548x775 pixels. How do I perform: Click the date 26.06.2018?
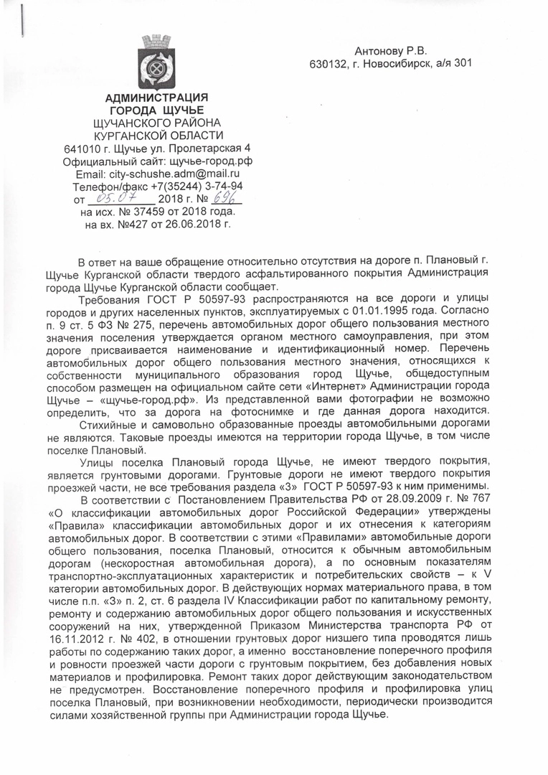click(x=194, y=225)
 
